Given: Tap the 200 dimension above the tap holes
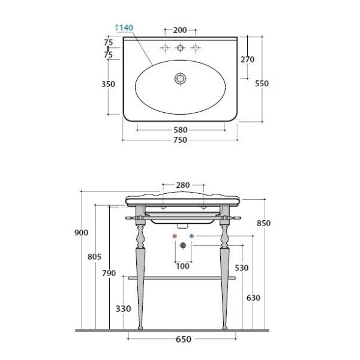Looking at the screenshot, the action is (180, 30).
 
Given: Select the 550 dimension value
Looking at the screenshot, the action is (262, 83).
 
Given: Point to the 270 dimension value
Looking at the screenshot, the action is (247, 59).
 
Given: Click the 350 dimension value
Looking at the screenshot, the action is (108, 84).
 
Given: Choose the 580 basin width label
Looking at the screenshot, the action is (180, 130).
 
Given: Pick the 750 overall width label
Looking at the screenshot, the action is (180, 140).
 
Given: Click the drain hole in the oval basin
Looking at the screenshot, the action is (181, 79).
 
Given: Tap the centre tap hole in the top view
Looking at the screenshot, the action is (181, 48).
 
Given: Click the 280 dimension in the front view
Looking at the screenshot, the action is (183, 185).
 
